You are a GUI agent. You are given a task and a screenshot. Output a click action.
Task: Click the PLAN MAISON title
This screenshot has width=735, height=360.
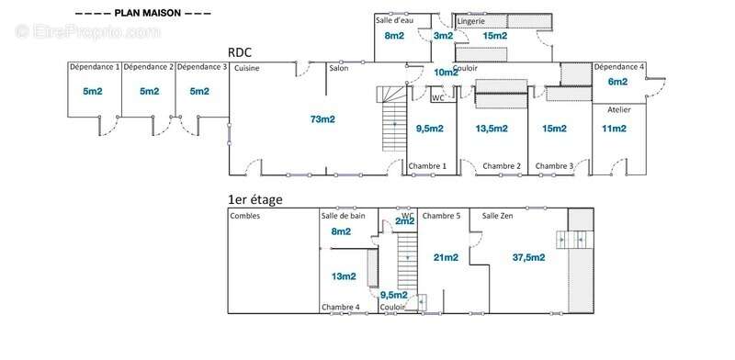147,13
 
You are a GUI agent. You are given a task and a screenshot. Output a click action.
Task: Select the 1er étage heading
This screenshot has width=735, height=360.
255,199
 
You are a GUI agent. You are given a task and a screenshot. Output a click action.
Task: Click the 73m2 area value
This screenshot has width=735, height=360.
322,119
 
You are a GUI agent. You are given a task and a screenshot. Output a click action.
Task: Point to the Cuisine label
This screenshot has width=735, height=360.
246,69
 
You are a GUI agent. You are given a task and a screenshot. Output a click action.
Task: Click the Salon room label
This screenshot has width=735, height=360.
338,69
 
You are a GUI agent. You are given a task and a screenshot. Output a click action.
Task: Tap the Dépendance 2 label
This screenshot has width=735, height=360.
149,67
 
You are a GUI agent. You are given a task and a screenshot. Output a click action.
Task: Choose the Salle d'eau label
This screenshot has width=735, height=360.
394,20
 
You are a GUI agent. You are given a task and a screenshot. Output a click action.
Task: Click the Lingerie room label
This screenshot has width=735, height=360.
471,21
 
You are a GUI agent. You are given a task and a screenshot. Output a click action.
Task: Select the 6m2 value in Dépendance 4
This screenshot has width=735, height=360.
617,82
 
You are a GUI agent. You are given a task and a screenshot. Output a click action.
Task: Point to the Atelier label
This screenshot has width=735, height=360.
619,109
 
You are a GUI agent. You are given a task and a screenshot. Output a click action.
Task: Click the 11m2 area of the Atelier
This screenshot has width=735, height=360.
614,129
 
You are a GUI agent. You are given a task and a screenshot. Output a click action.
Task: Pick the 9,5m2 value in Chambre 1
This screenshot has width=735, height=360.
430,129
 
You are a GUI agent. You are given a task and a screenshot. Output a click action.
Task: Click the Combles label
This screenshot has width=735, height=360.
244,216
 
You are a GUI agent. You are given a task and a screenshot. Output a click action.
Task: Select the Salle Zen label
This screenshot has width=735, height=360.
497,216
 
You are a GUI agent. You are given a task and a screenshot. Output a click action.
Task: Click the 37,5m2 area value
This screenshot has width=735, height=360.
528,258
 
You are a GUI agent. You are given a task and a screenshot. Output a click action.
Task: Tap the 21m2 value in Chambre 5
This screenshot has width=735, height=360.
446,258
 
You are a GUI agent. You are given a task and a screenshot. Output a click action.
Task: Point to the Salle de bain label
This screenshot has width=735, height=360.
343,216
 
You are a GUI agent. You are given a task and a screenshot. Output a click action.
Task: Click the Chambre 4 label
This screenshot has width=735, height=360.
340,308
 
